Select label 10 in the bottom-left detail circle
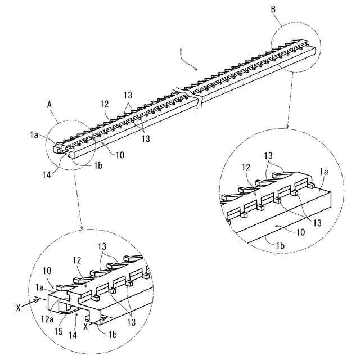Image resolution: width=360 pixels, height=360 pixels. (x=47, y=271)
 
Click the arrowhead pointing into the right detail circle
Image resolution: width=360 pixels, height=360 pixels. (x=288, y=128)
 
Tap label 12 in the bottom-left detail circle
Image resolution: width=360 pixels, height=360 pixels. (x=76, y=261)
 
